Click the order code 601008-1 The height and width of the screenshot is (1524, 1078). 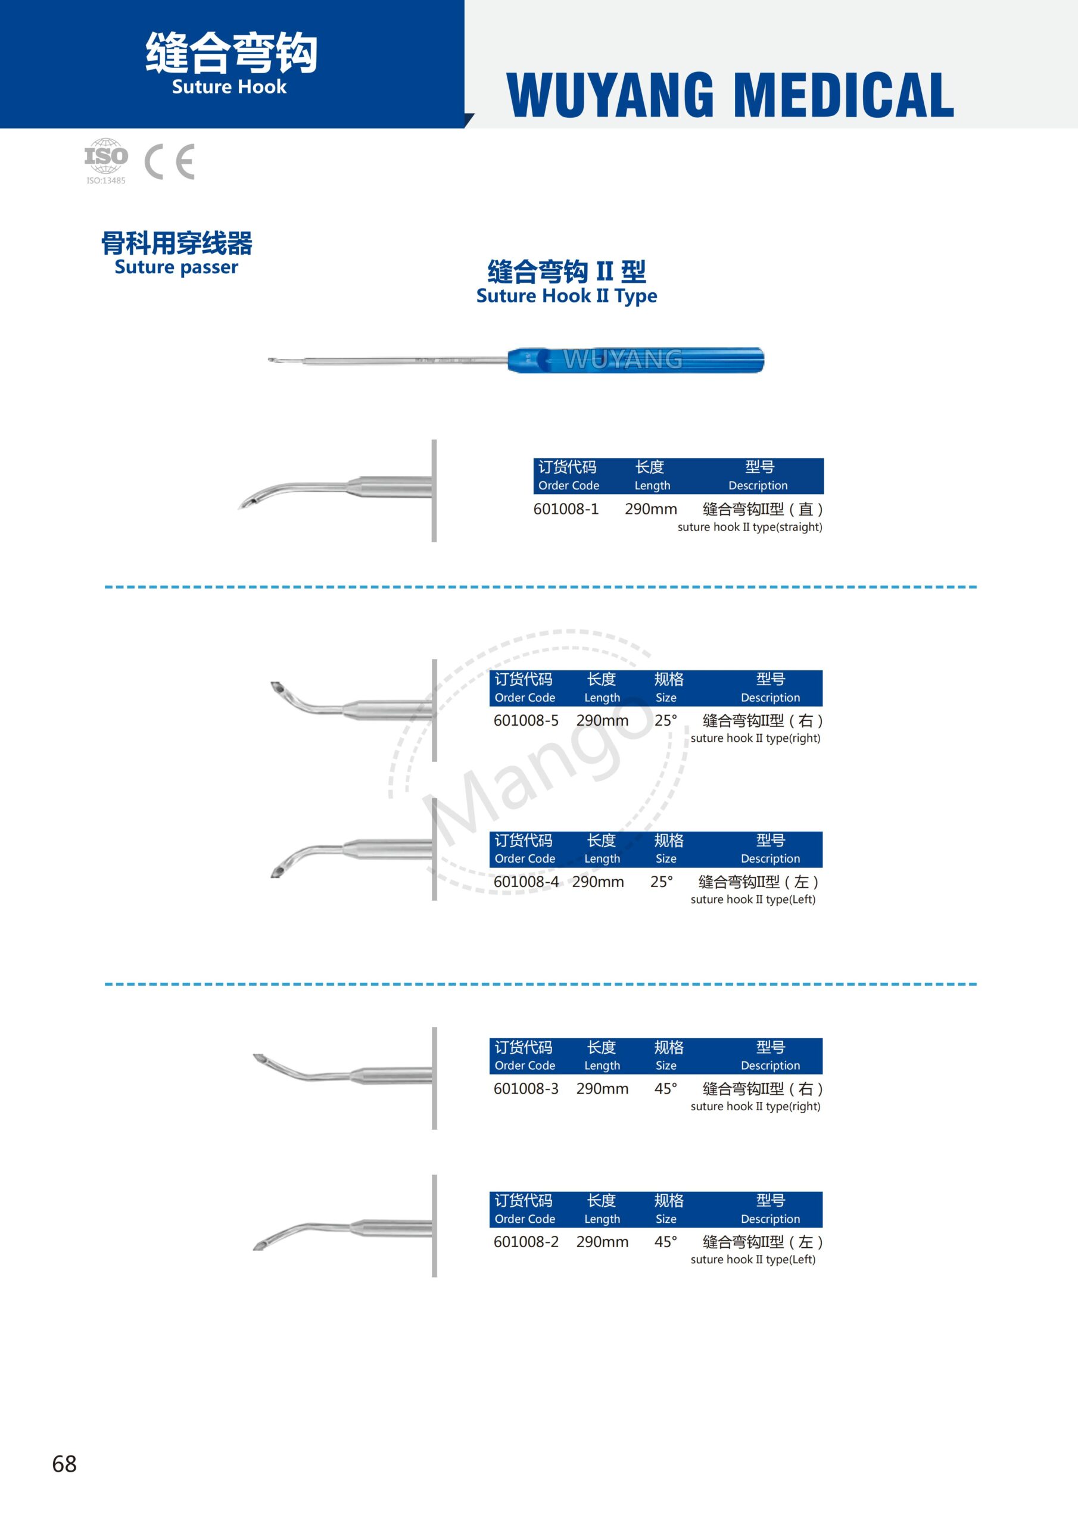566,509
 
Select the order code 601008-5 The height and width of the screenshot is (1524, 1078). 526,720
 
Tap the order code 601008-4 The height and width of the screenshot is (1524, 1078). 526,882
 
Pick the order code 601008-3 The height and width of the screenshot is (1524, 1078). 526,1089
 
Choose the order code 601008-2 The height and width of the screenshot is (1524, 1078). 526,1242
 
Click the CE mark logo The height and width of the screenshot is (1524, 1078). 169,162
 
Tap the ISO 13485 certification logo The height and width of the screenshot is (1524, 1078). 105,161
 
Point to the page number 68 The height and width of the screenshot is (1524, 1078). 64,1464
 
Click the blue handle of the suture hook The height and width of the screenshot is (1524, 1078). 635,360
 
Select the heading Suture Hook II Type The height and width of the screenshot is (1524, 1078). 566,296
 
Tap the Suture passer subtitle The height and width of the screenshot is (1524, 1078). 176,267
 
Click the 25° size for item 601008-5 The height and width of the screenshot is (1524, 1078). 665,720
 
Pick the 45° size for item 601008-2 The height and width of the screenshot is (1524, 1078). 665,1242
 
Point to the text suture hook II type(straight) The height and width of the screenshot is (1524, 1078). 750,527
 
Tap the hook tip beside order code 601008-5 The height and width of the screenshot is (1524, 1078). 277,688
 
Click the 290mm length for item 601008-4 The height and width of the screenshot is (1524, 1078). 598,882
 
